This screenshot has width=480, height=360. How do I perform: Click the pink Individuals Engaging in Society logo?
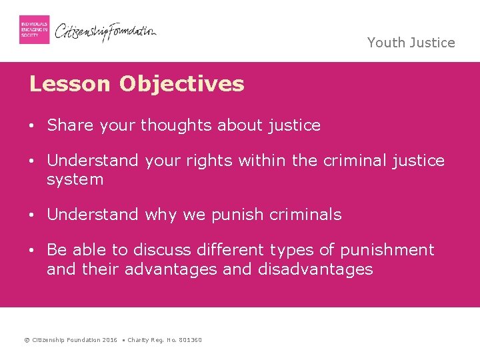point(34,29)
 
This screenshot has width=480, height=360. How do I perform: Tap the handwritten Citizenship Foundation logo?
point(105,31)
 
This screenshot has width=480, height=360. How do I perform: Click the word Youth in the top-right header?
point(385,43)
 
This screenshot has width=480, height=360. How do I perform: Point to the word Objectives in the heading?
point(181,84)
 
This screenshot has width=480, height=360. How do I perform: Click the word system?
point(75,179)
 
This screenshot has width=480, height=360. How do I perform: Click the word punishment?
point(387,250)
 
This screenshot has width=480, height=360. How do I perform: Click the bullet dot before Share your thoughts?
point(32,125)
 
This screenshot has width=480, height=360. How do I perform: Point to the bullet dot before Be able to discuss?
point(32,251)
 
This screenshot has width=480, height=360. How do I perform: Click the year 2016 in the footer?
point(110,340)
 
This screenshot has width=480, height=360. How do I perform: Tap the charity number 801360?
point(191,340)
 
